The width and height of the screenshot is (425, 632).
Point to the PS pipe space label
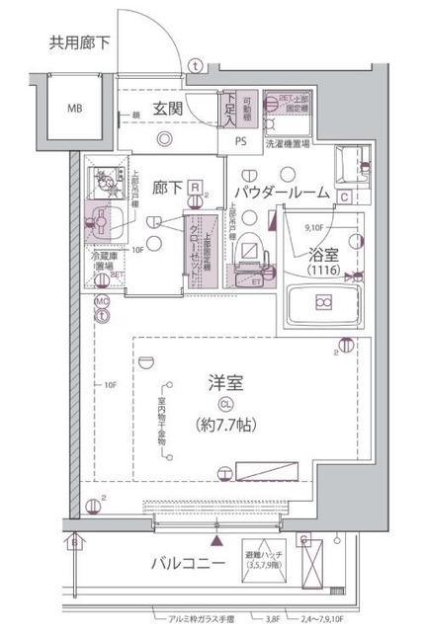[241, 140]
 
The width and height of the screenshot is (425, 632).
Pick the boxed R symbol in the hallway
[197, 186]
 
